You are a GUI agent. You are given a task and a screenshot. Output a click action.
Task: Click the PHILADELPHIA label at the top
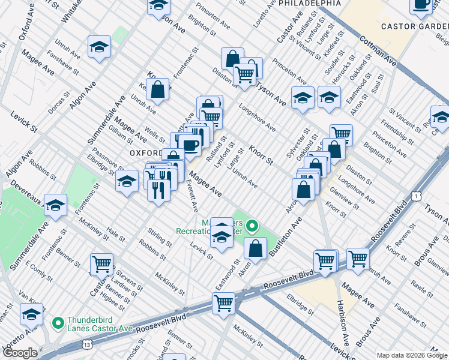tap(308, 4)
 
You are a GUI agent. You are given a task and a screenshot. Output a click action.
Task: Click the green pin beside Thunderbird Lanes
tap(58, 324)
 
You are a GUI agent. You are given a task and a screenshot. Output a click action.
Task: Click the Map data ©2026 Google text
tap(412, 355)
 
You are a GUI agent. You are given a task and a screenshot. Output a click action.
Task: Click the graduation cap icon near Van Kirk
tap(31, 313)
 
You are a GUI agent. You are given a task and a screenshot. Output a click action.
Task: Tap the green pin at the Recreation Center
tap(252, 227)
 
